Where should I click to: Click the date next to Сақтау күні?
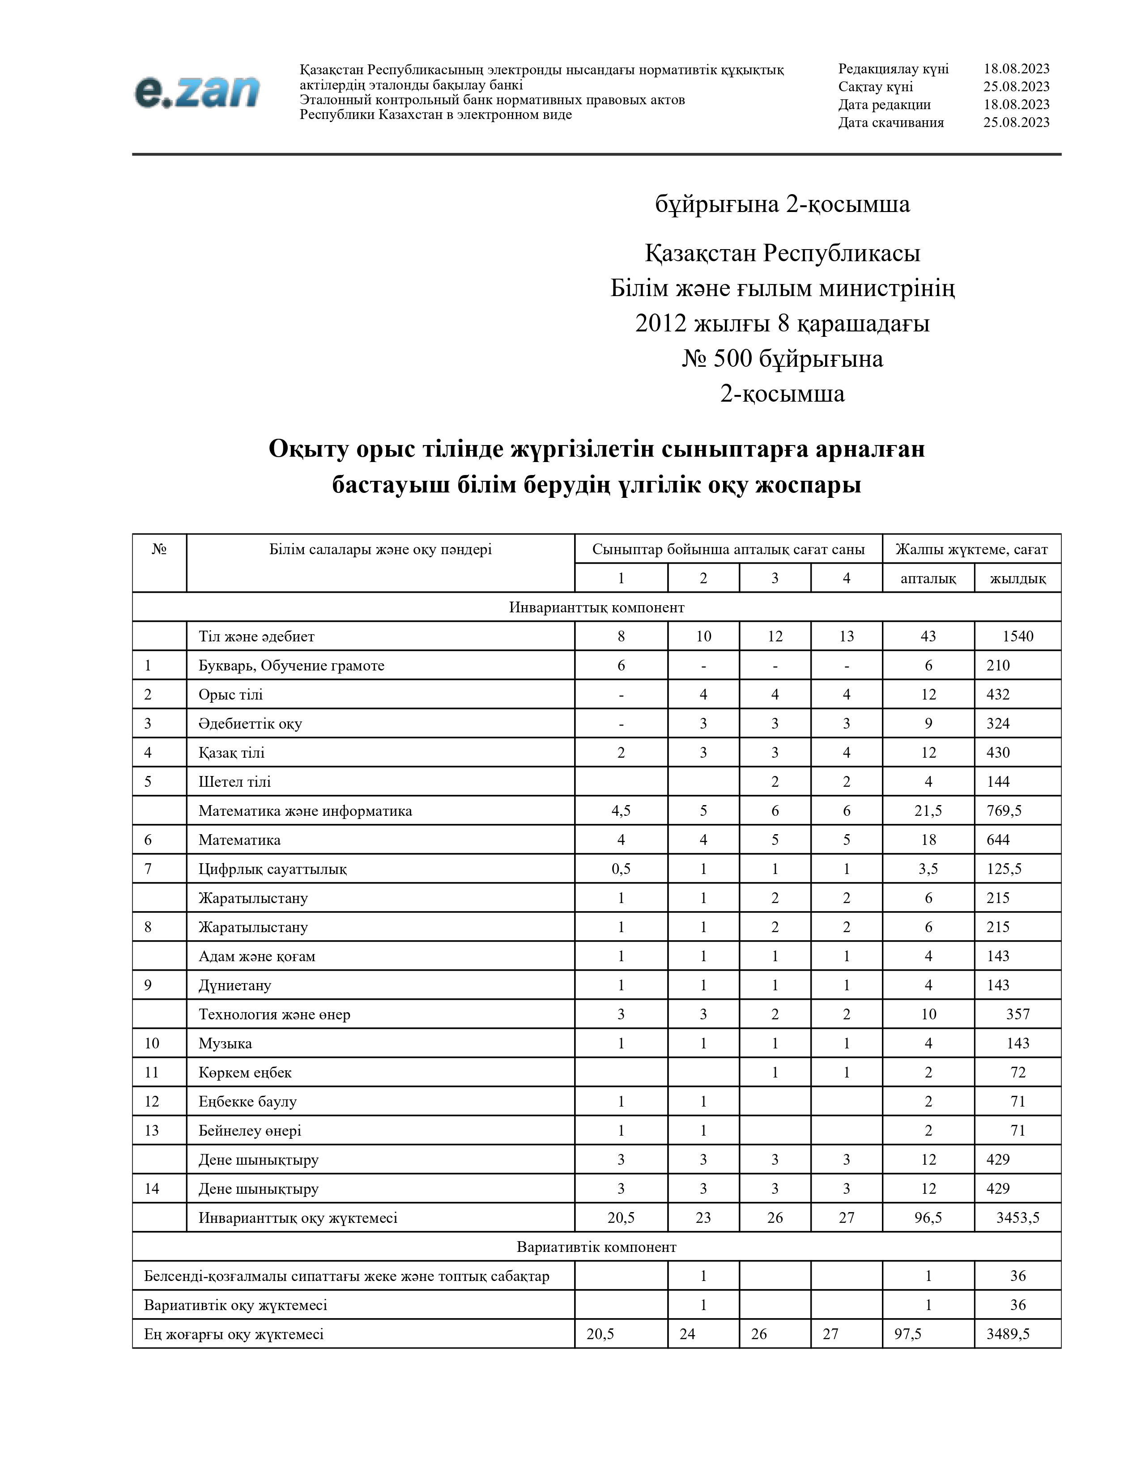(x=1016, y=86)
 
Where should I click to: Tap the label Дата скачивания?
(x=891, y=122)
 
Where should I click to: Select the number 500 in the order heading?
(x=733, y=358)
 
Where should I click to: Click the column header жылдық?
(x=1018, y=578)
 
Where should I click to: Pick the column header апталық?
(x=928, y=578)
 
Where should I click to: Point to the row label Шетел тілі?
(x=234, y=782)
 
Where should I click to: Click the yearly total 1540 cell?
(x=1018, y=636)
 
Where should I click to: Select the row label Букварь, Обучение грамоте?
(x=291, y=666)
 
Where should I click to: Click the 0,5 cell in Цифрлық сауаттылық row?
(x=621, y=869)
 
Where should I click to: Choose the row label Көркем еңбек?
(x=245, y=1073)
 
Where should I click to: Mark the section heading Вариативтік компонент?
(x=596, y=1247)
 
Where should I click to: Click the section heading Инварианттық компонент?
(x=596, y=607)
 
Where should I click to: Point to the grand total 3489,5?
(x=1007, y=1334)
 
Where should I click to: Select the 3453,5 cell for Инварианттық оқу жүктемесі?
(x=1018, y=1218)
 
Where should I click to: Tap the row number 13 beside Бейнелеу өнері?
(x=151, y=1131)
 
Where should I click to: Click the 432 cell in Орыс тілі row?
(x=998, y=695)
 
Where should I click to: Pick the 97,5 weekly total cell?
(x=908, y=1334)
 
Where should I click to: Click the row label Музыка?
(x=225, y=1043)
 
